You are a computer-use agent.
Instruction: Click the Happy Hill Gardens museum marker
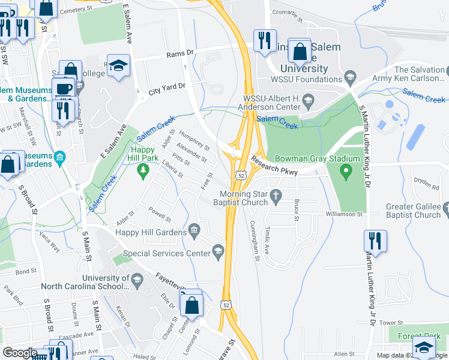click(x=194, y=230)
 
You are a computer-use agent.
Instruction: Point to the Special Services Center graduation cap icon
click(x=218, y=251)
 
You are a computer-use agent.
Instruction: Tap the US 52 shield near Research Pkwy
click(x=241, y=175)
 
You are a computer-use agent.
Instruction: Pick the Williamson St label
click(x=345, y=214)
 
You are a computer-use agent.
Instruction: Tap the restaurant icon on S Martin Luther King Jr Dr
click(x=375, y=241)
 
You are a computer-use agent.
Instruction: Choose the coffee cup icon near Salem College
click(x=63, y=88)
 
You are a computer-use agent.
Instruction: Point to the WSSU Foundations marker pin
click(x=350, y=78)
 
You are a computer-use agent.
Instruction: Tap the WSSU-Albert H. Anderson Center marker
click(x=309, y=99)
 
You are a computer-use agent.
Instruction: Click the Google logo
click(x=20, y=353)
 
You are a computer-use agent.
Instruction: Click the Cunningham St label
click(x=253, y=238)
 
